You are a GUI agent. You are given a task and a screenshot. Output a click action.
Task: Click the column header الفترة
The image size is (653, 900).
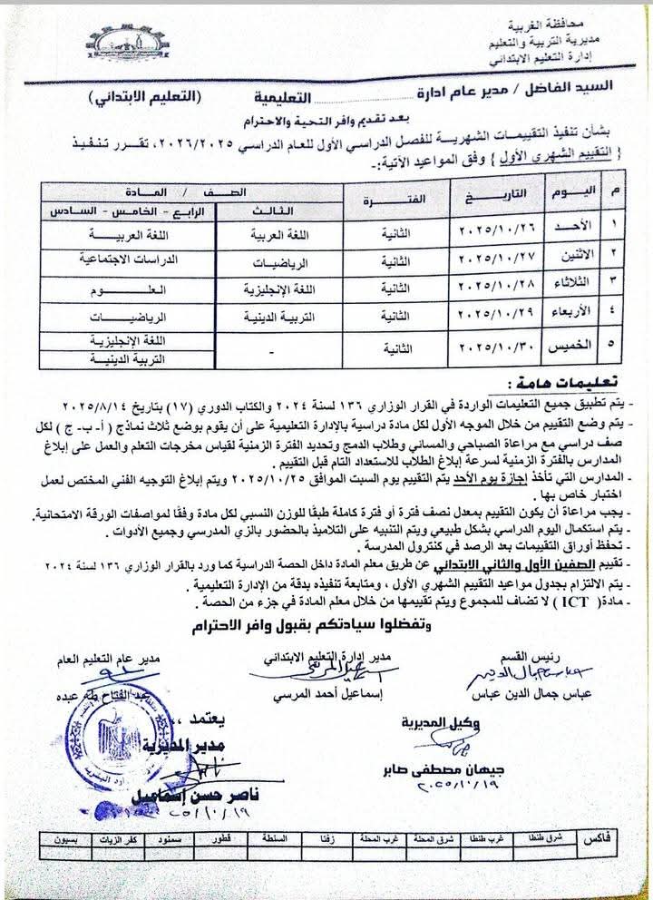point(381,200)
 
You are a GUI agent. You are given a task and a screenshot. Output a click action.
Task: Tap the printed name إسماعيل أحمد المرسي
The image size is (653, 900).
point(319,699)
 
